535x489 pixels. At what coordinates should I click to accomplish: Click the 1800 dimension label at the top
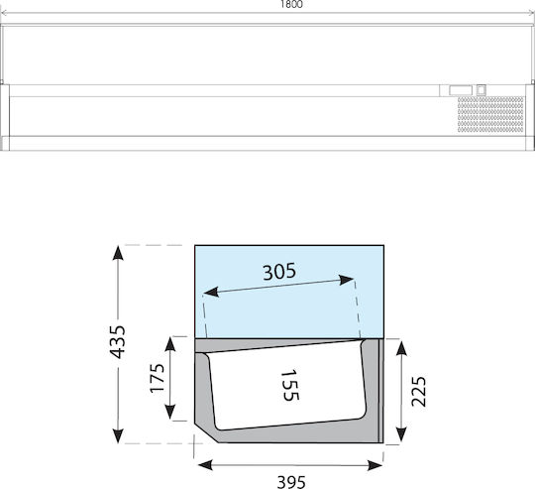(x=291, y=4)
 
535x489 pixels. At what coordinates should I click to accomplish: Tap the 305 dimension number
(x=279, y=272)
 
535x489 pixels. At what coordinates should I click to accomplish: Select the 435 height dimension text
(x=118, y=342)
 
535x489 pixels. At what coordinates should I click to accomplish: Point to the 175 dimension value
(x=158, y=378)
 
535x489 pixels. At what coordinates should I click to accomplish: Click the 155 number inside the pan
(x=290, y=385)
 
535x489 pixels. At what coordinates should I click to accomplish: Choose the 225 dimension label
(x=418, y=392)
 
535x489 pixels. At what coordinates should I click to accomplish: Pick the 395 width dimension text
(x=291, y=482)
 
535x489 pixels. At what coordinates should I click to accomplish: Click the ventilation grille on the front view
(x=490, y=114)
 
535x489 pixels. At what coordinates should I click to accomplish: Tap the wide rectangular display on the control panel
(x=461, y=90)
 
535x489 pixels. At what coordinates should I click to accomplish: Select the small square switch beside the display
(x=481, y=90)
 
